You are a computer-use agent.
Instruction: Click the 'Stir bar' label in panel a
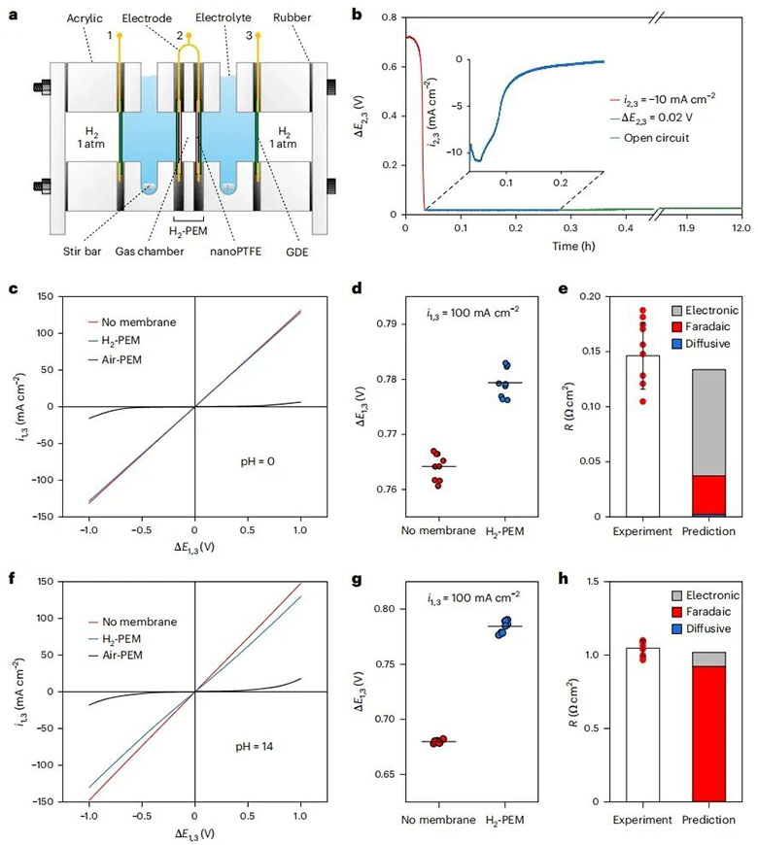pyautogui.click(x=82, y=252)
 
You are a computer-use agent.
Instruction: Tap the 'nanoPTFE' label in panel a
pyautogui.click(x=235, y=252)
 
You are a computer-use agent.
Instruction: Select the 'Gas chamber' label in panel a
pyautogui.click(x=150, y=252)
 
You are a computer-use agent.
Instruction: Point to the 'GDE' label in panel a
pyautogui.click(x=297, y=252)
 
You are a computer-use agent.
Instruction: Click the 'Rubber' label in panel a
pyautogui.click(x=292, y=17)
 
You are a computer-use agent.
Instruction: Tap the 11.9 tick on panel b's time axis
pyautogui.click(x=686, y=228)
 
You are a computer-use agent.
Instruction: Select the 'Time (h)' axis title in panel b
pyautogui.click(x=573, y=246)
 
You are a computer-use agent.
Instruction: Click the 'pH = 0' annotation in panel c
pyautogui.click(x=258, y=461)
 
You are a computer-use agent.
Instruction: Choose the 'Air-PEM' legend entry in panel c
pyautogui.click(x=115, y=359)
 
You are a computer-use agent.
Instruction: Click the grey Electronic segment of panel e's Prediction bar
pyautogui.click(x=708, y=422)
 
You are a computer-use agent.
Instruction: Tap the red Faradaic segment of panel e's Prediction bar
pyautogui.click(x=708, y=494)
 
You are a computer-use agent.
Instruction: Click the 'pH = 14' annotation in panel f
pyautogui.click(x=255, y=746)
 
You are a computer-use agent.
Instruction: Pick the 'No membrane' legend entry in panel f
pyautogui.click(x=132, y=622)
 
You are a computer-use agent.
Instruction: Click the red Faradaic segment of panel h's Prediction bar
pyautogui.click(x=708, y=734)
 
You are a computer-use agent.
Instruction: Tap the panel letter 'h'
pyautogui.click(x=564, y=580)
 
